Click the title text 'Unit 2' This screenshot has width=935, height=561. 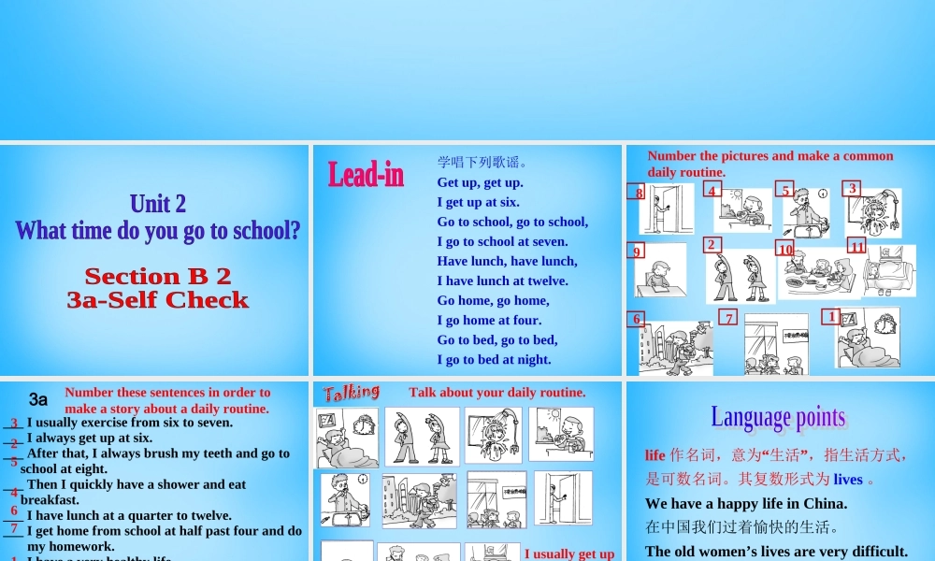157,204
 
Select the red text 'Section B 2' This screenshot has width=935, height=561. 157,276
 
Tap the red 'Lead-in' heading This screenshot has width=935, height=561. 366,174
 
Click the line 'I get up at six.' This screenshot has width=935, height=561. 478,202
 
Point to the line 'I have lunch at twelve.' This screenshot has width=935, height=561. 502,280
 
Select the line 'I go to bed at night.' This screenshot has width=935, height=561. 494,359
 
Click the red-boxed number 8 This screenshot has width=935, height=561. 639,193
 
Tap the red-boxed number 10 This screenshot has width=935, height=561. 784,249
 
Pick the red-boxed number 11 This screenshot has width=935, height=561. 856,246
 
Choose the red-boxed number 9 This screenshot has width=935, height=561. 637,251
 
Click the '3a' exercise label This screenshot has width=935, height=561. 38,399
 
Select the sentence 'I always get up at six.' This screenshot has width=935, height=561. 90,438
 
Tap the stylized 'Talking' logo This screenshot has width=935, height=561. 352,392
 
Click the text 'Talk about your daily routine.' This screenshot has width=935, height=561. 497,393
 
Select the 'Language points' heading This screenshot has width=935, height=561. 777,417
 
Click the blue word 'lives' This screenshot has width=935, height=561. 848,479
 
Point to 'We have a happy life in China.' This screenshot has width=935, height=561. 746,503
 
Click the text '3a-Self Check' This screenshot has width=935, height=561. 157,300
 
